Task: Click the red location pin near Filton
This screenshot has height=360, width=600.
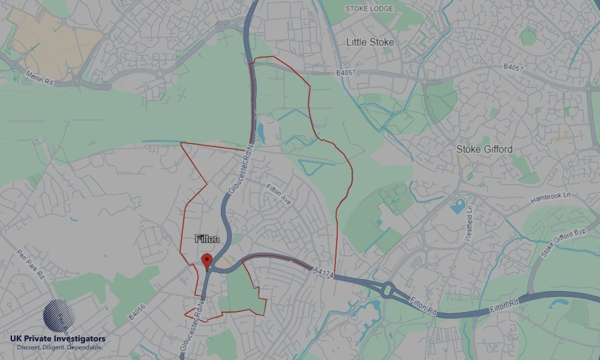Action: coord(207,261)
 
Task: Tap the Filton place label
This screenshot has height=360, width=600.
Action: coord(207,239)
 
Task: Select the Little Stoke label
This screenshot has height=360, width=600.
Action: coord(370,42)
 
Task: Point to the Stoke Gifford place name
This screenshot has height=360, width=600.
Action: coord(484,149)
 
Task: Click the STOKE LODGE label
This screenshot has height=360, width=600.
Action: coord(370,8)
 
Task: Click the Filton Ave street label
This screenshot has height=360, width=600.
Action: coord(278,195)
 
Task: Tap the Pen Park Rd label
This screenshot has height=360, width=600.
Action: coord(31,263)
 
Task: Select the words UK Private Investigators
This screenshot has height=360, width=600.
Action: coord(58,339)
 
